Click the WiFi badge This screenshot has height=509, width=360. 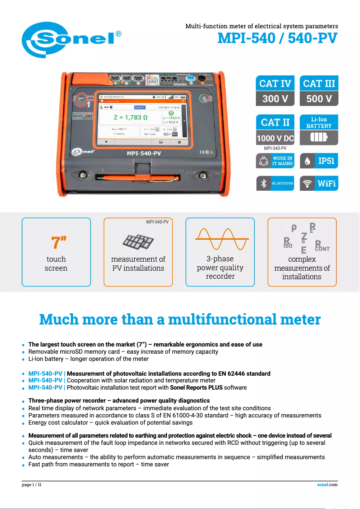click(x=319, y=184)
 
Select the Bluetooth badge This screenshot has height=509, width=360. click(x=275, y=184)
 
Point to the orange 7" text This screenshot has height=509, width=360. click(x=57, y=242)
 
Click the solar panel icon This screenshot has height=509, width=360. click(x=138, y=242)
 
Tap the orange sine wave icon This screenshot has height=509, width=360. click(x=220, y=239)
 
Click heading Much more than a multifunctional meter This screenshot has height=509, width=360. click(x=180, y=320)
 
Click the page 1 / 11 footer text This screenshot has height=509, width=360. click(x=32, y=485)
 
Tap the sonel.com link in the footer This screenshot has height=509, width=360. click(x=327, y=485)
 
